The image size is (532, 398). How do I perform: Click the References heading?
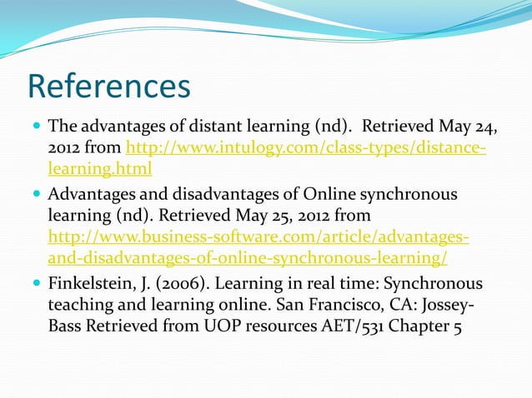coord(108,87)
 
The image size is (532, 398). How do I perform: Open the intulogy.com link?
coord(305,149)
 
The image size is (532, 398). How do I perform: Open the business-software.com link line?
coord(258,236)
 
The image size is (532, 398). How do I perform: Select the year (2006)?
coord(182,283)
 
